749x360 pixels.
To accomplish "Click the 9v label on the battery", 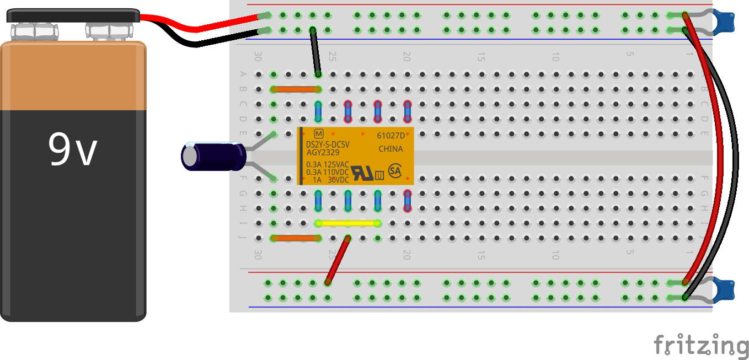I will tap(73, 150).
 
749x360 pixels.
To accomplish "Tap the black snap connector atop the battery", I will tap(73, 15).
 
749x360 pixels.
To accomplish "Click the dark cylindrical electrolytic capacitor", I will tap(213, 156).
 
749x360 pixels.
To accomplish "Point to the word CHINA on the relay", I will tap(390, 149).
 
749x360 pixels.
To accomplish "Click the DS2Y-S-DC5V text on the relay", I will tap(328, 144).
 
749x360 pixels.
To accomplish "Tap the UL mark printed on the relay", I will tap(362, 173).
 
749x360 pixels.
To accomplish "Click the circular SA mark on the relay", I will tap(395, 170).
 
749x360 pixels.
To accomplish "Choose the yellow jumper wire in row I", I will tap(348, 223).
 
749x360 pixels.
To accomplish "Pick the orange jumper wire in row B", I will tap(296, 89).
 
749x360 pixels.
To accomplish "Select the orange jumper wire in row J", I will tap(296, 238).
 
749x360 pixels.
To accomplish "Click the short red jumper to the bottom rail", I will tap(338, 260).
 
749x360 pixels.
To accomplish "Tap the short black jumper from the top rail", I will tap(315, 52).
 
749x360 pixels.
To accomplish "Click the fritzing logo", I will tap(700, 346).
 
